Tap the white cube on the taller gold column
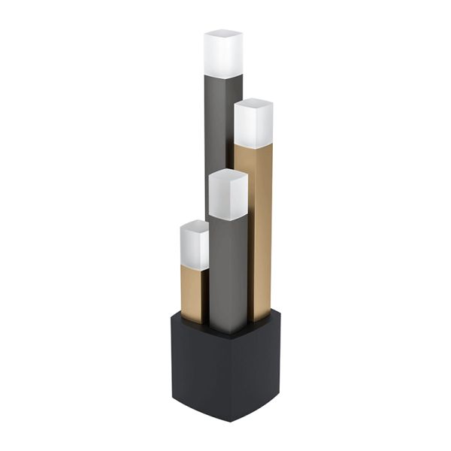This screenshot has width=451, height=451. [253, 125]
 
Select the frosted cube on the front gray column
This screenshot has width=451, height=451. [229, 195]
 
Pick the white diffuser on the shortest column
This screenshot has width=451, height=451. [194, 246]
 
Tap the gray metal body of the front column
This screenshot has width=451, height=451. [229, 271]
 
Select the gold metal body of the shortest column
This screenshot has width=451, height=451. [192, 293]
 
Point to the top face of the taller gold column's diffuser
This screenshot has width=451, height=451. [254, 103]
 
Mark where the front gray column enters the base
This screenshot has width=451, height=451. [229, 331]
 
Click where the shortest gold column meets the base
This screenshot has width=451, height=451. [191, 321]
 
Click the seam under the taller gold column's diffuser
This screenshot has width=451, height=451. [253, 146]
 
